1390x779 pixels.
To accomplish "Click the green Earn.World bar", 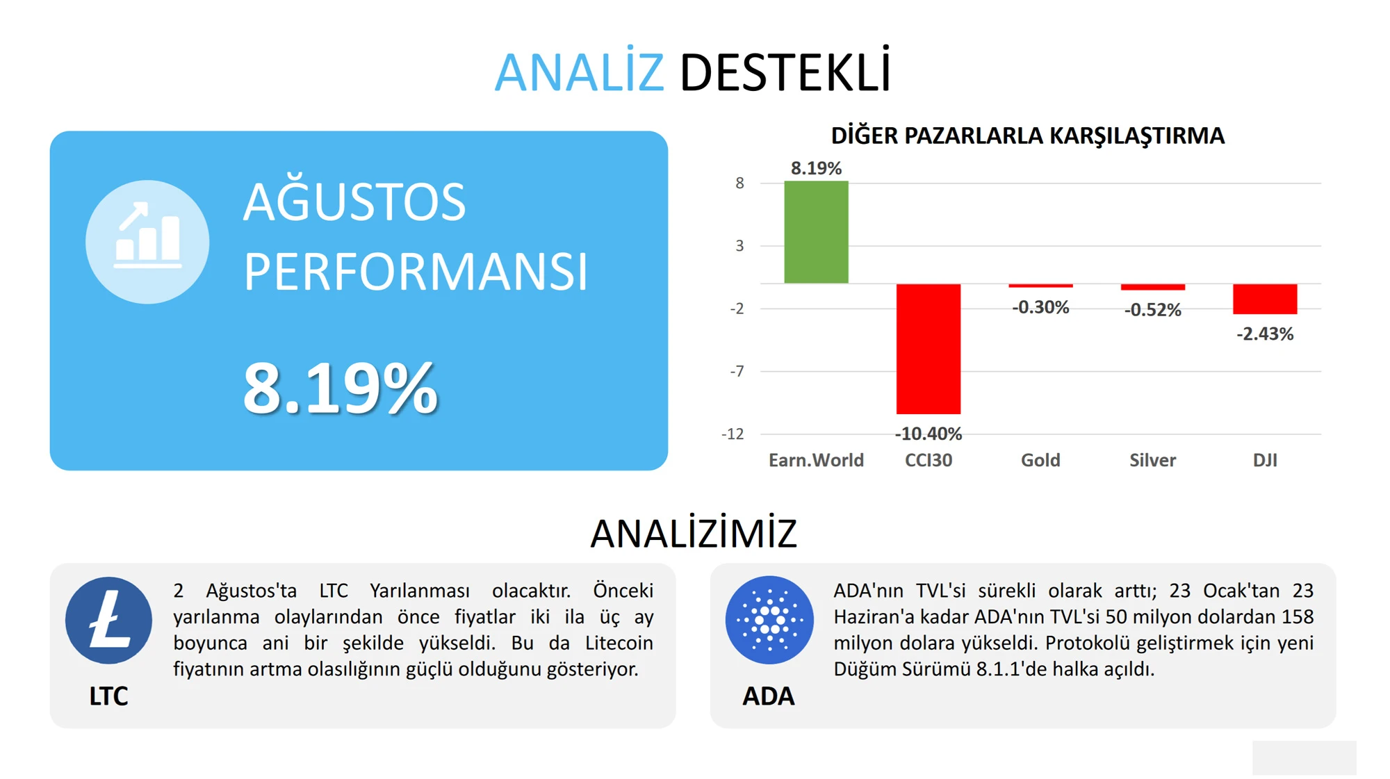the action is pyautogui.click(x=816, y=232).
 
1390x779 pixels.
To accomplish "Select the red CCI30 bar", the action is pyautogui.click(x=928, y=349).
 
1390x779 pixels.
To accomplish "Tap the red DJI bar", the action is pyautogui.click(x=1264, y=299).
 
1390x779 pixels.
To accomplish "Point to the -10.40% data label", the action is pyautogui.click(x=928, y=434).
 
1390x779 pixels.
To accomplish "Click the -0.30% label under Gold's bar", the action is pyautogui.click(x=1040, y=307).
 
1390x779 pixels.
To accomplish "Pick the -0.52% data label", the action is pyautogui.click(x=1152, y=310).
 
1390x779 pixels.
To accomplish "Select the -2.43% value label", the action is pyautogui.click(x=1265, y=334).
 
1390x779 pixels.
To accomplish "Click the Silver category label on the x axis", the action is pyautogui.click(x=1152, y=460).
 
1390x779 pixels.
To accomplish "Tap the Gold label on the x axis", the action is pyautogui.click(x=1040, y=460).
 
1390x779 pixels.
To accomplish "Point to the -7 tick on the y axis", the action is pyautogui.click(x=737, y=371).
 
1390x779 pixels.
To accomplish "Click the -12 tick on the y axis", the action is pyautogui.click(x=733, y=434).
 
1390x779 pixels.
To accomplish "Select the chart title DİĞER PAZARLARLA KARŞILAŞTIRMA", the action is pyautogui.click(x=1027, y=136).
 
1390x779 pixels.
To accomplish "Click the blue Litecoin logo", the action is pyautogui.click(x=108, y=621).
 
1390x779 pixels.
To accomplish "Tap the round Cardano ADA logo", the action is pyautogui.click(x=769, y=620).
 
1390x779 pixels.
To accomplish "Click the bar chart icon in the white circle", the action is pyautogui.click(x=147, y=236).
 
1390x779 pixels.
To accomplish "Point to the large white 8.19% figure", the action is pyautogui.click(x=340, y=388).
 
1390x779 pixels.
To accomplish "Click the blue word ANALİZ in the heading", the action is pyautogui.click(x=580, y=72).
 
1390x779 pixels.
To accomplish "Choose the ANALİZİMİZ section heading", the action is pyautogui.click(x=694, y=534).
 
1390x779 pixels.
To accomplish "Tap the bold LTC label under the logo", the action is pyautogui.click(x=108, y=696).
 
